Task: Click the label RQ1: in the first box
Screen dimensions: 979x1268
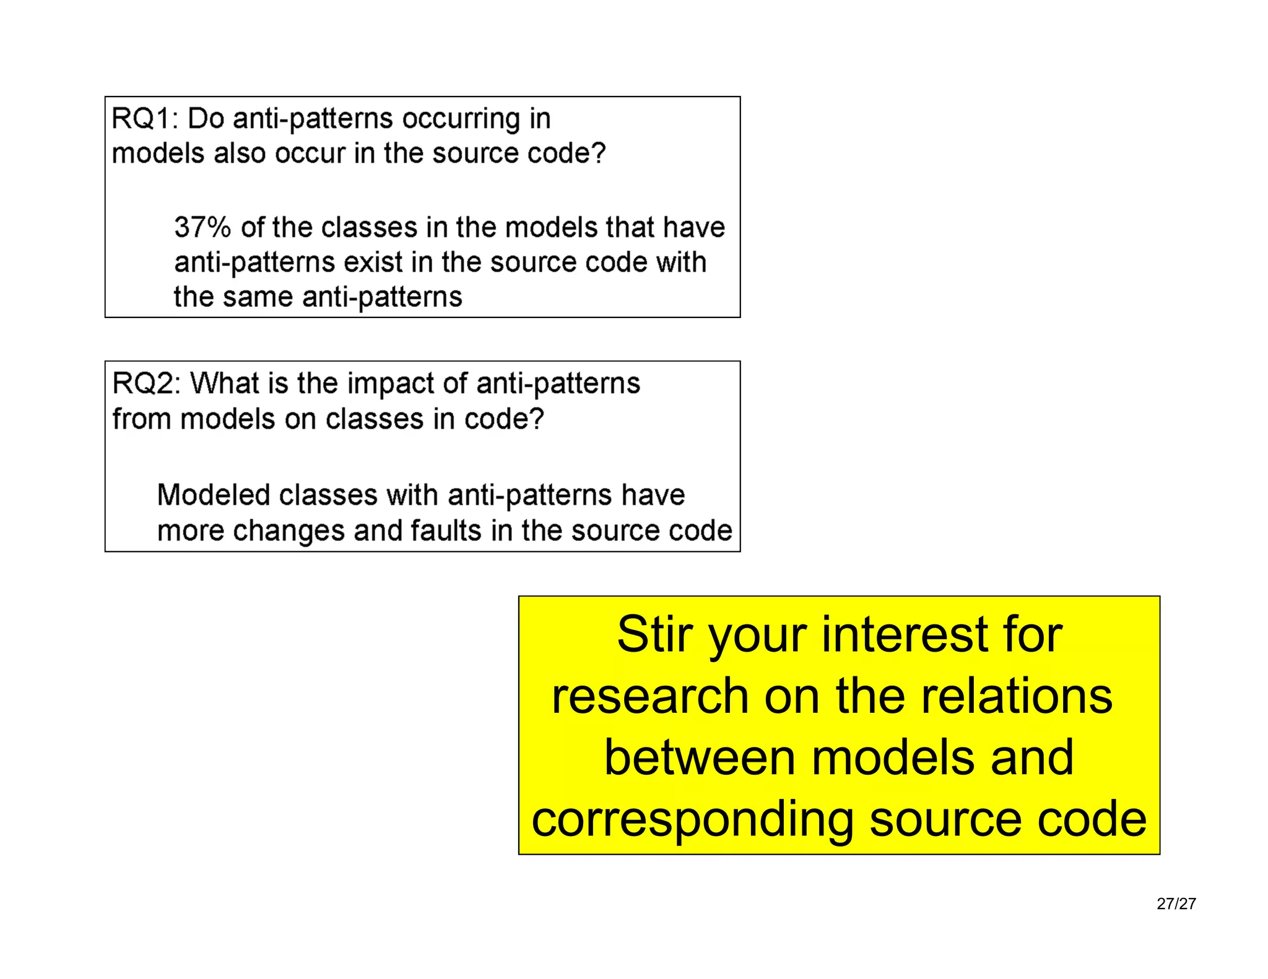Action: tap(144, 118)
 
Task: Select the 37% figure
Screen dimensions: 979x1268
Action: tap(202, 227)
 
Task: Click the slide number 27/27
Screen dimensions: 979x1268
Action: tap(1176, 904)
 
